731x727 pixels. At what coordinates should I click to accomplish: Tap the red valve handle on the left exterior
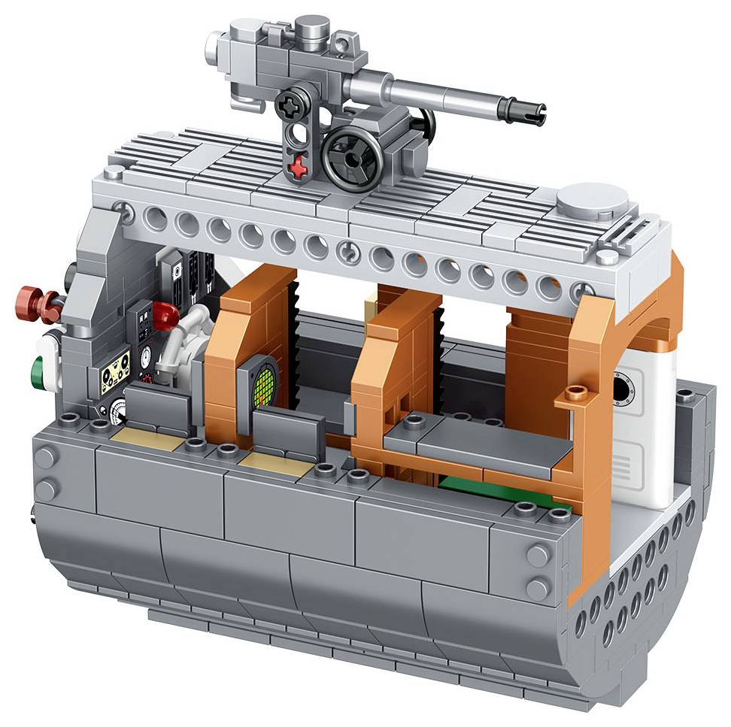pos(35,301)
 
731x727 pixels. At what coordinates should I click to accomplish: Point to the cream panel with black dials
pos(115,371)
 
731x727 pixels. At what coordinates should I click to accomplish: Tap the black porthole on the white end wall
pos(622,389)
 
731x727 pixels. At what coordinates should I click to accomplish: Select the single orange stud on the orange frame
pos(576,391)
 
